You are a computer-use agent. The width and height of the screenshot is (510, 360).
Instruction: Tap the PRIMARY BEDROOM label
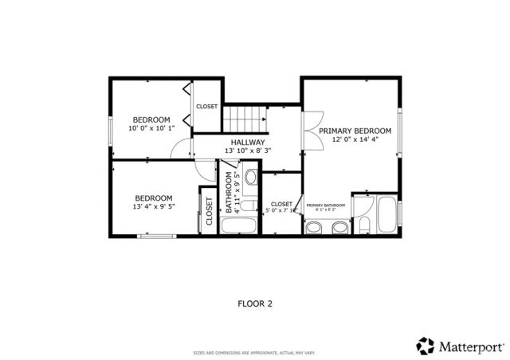tap(355, 131)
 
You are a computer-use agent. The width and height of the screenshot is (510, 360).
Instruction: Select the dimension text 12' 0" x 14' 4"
tap(355, 139)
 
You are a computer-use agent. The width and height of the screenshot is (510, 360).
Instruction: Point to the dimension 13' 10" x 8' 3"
tap(248, 151)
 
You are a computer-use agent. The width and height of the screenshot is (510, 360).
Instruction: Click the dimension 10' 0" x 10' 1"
tap(151, 127)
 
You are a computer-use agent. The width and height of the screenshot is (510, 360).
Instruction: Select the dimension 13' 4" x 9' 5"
tap(153, 206)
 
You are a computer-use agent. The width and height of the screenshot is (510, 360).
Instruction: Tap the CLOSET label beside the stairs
tap(207, 107)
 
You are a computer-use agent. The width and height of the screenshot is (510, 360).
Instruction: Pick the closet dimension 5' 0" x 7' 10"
tap(281, 212)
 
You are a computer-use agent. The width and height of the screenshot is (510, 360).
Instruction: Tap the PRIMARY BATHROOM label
tap(325, 205)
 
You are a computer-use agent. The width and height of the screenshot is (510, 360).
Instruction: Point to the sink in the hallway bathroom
tap(250, 177)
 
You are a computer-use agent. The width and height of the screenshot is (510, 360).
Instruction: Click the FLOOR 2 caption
tap(255, 303)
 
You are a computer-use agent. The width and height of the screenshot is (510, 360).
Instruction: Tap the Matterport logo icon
tap(426, 346)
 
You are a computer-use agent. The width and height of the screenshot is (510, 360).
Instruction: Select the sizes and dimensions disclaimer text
tap(255, 353)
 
